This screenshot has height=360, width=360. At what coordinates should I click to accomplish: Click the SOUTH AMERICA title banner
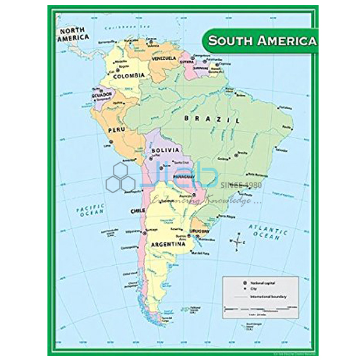[262, 41]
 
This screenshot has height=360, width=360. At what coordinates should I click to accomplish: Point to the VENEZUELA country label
[162, 59]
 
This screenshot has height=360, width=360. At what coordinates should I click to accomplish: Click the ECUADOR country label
[103, 95]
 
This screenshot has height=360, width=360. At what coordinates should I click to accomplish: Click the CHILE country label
[137, 211]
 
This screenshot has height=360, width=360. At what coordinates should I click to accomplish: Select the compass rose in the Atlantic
[236, 242]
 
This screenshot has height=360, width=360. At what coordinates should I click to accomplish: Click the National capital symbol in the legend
[245, 282]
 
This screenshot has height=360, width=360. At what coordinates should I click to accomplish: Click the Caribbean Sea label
[125, 28]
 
